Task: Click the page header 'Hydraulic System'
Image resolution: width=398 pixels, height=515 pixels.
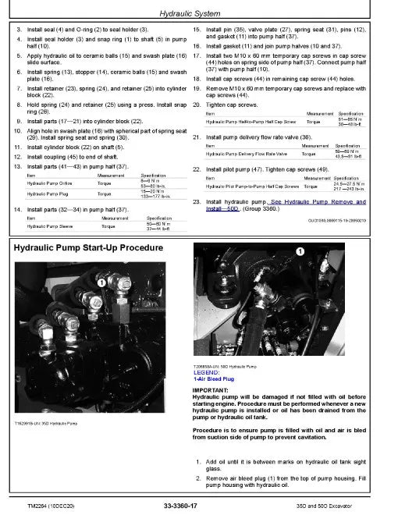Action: click(x=199, y=13)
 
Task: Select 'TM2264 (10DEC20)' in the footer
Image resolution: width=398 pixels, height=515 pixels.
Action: click(x=40, y=505)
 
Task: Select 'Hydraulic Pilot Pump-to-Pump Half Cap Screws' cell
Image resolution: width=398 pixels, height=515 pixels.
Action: click(x=248, y=187)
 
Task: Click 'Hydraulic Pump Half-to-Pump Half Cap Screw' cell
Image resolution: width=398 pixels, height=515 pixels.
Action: click(x=248, y=123)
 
